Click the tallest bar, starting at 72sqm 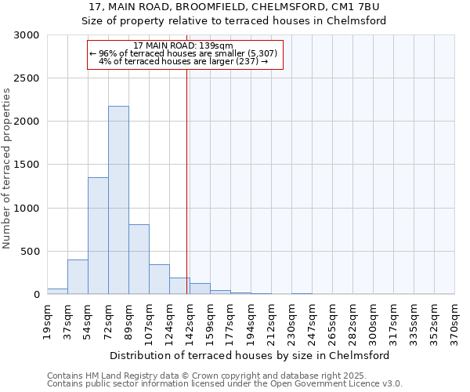coord(118,200)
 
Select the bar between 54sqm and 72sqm coord(98,235)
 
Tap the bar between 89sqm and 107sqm coord(139,259)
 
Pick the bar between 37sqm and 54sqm coord(78,277)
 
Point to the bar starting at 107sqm coord(159,279)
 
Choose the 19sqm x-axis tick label coord(47,320)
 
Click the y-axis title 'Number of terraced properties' coord(7,169)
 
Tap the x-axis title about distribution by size coord(251,355)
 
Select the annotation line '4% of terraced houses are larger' coord(183,61)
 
